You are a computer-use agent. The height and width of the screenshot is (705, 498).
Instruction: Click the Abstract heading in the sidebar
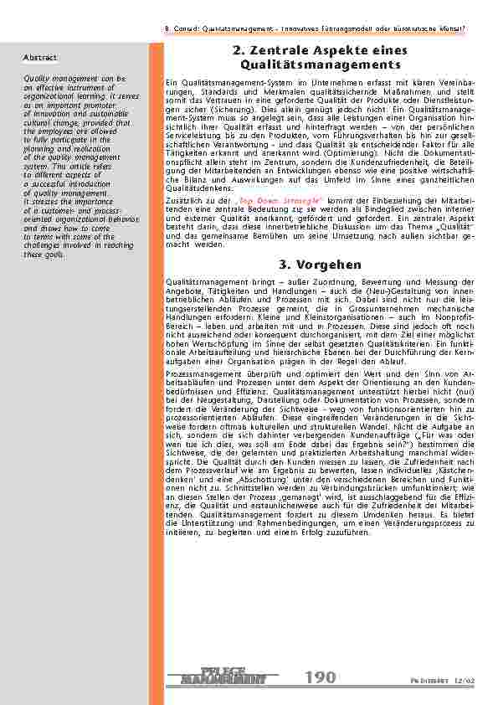tap(40, 58)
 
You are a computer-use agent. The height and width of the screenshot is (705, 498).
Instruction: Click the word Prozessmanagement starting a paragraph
tap(201, 372)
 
